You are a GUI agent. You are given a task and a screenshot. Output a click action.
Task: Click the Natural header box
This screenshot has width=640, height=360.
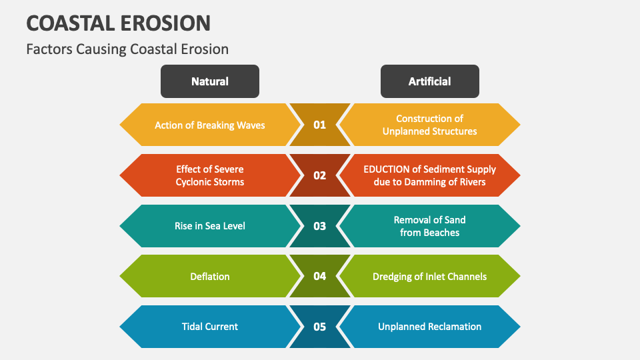click(x=209, y=81)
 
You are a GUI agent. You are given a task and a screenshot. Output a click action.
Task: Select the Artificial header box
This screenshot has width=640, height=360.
click(x=429, y=81)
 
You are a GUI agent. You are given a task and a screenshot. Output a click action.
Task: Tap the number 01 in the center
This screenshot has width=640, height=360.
click(x=319, y=125)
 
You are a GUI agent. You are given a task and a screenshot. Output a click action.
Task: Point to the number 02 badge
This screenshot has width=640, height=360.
click(x=319, y=175)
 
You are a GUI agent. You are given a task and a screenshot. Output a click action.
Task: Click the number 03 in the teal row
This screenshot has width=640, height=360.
click(x=319, y=226)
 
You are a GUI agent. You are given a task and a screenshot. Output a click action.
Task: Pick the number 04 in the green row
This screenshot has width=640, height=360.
click(x=319, y=276)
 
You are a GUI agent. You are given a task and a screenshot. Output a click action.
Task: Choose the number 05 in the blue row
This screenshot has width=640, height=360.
click(x=319, y=327)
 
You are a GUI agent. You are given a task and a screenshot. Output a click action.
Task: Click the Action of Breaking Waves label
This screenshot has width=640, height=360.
click(x=209, y=125)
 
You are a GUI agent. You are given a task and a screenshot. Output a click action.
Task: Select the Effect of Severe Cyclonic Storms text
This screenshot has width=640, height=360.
click(x=209, y=175)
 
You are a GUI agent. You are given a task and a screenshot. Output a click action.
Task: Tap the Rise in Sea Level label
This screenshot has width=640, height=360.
click(x=209, y=226)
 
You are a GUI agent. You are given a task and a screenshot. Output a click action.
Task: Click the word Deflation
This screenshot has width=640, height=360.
click(x=209, y=276)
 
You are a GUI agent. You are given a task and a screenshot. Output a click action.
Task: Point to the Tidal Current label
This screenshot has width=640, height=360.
click(x=209, y=327)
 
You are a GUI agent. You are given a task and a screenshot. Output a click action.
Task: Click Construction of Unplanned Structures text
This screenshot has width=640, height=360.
click(x=429, y=125)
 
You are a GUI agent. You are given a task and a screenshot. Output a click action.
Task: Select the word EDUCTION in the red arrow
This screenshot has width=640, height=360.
click(x=387, y=169)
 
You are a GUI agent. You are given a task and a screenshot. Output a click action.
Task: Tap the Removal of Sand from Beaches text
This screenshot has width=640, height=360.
click(x=429, y=226)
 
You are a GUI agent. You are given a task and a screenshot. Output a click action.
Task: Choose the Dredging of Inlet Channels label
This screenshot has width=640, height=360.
click(x=429, y=276)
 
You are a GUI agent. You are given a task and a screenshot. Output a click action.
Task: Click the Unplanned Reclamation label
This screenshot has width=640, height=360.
click(x=429, y=327)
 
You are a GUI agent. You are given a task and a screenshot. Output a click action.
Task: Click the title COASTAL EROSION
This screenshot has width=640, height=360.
click(x=118, y=23)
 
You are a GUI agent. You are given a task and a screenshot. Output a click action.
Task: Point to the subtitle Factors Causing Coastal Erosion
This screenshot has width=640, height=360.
click(x=127, y=49)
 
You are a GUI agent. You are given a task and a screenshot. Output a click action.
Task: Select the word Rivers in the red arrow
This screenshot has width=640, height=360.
click(x=471, y=182)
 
